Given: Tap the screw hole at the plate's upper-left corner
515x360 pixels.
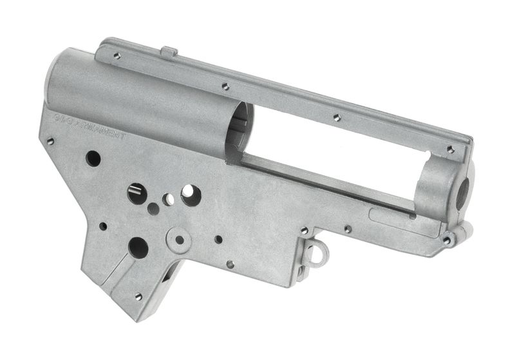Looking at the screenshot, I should [51, 141].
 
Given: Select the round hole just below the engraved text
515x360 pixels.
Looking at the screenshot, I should [93, 158].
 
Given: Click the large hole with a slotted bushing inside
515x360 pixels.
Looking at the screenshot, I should [136, 193].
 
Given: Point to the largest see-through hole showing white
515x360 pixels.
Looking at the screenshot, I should [191, 194].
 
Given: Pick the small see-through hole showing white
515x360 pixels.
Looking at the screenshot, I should [168, 200].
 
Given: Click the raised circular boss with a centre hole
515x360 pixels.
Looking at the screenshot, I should [179, 240].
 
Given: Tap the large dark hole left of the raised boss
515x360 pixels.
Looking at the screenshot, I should [138, 247].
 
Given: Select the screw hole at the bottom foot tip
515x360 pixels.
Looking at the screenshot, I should [138, 297].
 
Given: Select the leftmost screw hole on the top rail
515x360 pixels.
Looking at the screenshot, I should [117, 56].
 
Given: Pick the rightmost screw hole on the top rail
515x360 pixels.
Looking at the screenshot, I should [451, 149].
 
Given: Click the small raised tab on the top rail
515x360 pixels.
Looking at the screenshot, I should [169, 51].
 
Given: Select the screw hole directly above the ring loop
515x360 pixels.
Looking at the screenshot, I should [304, 230].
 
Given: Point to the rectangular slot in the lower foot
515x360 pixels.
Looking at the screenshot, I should [166, 276].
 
